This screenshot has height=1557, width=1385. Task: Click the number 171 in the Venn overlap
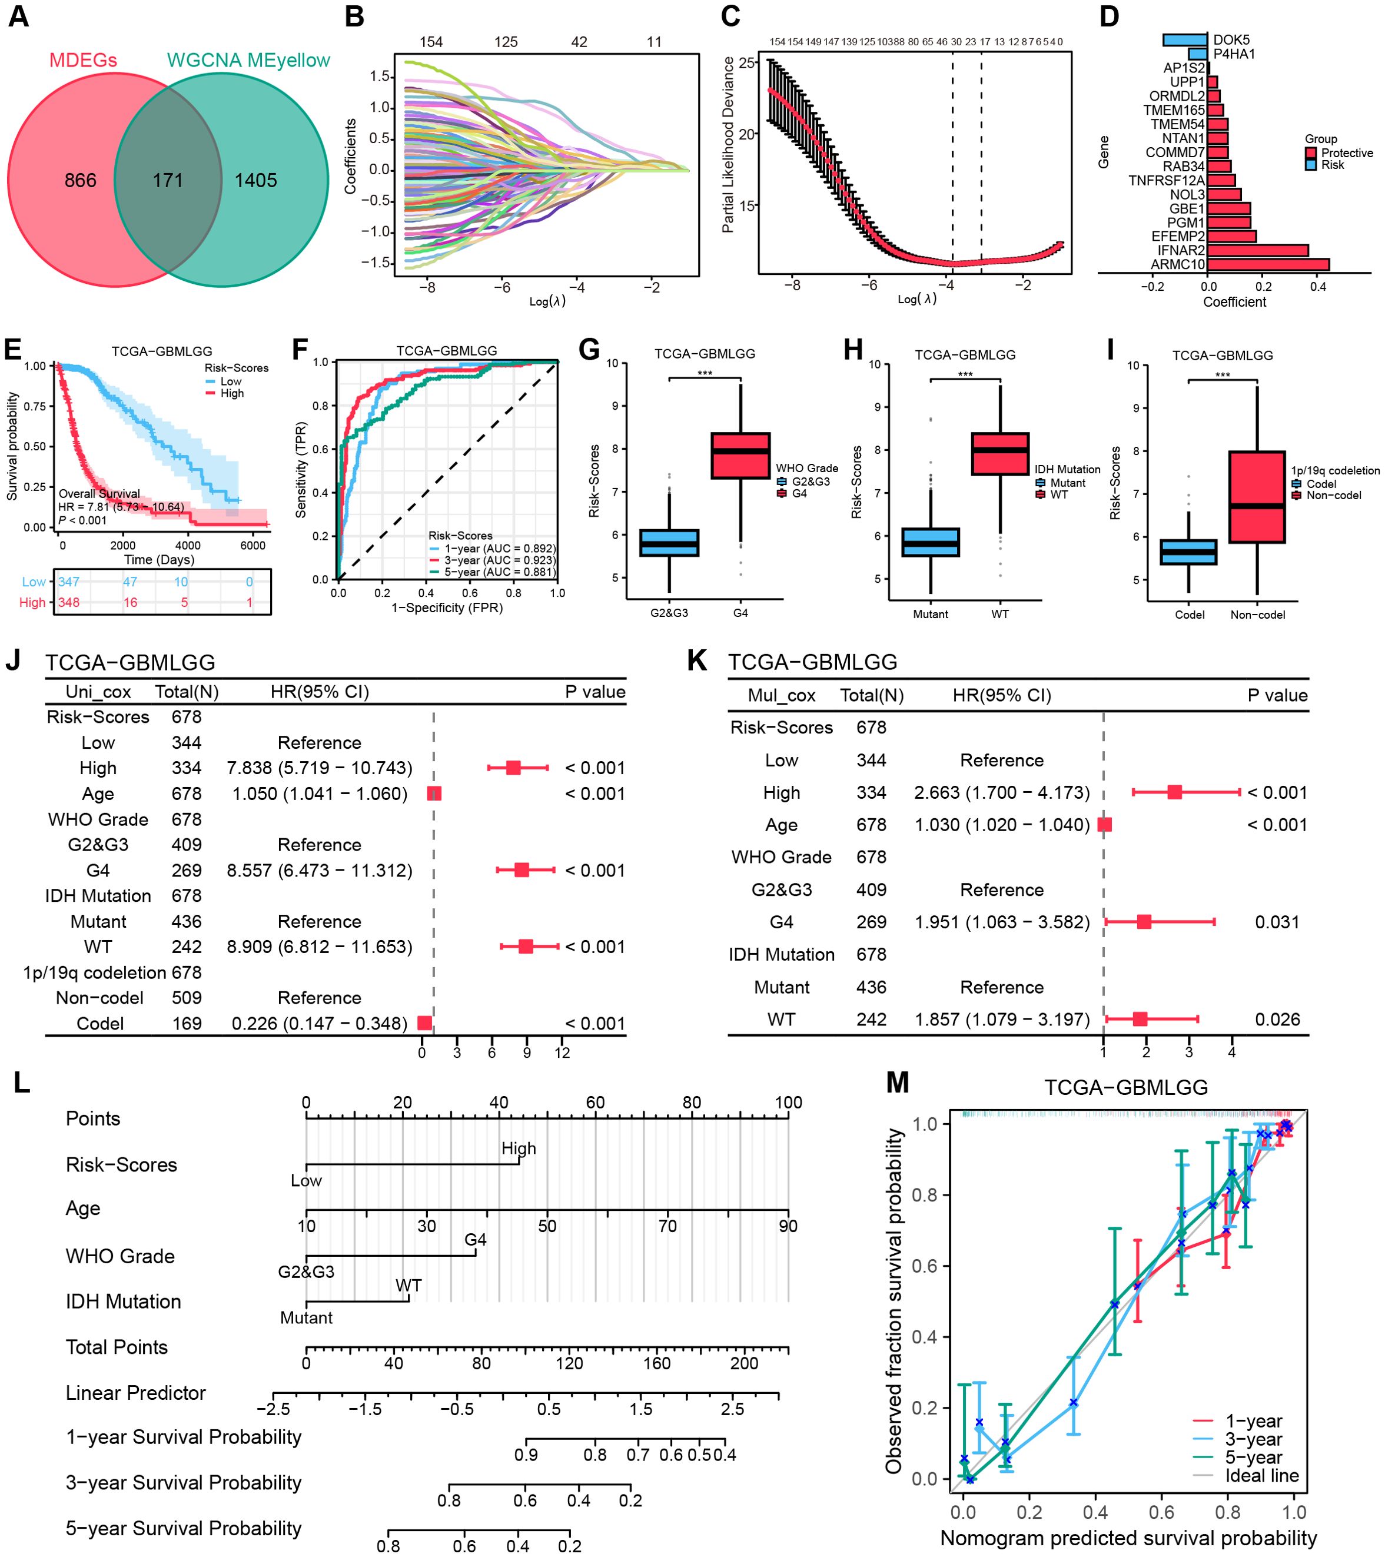tap(168, 181)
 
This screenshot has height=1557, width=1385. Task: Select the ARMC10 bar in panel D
tap(1268, 264)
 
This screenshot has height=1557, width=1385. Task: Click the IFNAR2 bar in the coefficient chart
tap(1257, 250)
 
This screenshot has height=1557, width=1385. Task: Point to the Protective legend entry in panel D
tap(1346, 153)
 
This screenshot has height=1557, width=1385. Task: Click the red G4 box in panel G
tap(740, 456)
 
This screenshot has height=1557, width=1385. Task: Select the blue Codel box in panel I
tap(1188, 552)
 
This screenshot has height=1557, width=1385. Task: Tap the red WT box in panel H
tap(999, 454)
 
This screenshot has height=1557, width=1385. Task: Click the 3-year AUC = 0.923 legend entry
tap(499, 560)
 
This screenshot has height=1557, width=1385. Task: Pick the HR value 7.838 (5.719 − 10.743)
tap(319, 768)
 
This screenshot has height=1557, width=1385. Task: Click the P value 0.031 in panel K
tap(1277, 922)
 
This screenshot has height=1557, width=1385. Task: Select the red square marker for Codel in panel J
tap(425, 1023)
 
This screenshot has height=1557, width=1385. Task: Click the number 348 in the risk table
tap(68, 603)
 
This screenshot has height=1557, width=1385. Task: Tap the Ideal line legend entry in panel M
tap(1261, 1476)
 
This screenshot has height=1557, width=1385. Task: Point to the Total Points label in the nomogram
tap(117, 1347)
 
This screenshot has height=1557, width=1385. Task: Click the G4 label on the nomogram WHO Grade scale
tap(476, 1239)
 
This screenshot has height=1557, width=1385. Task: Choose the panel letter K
tap(696, 660)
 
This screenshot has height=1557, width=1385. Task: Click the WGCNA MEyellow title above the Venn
tap(248, 60)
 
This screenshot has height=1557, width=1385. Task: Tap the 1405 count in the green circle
tap(256, 181)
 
